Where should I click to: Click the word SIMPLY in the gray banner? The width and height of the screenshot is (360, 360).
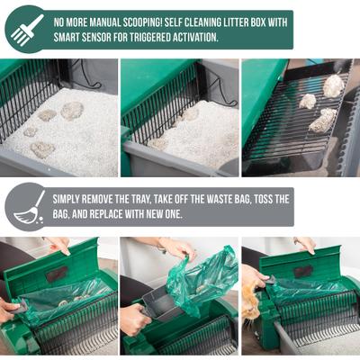click(71, 198)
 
